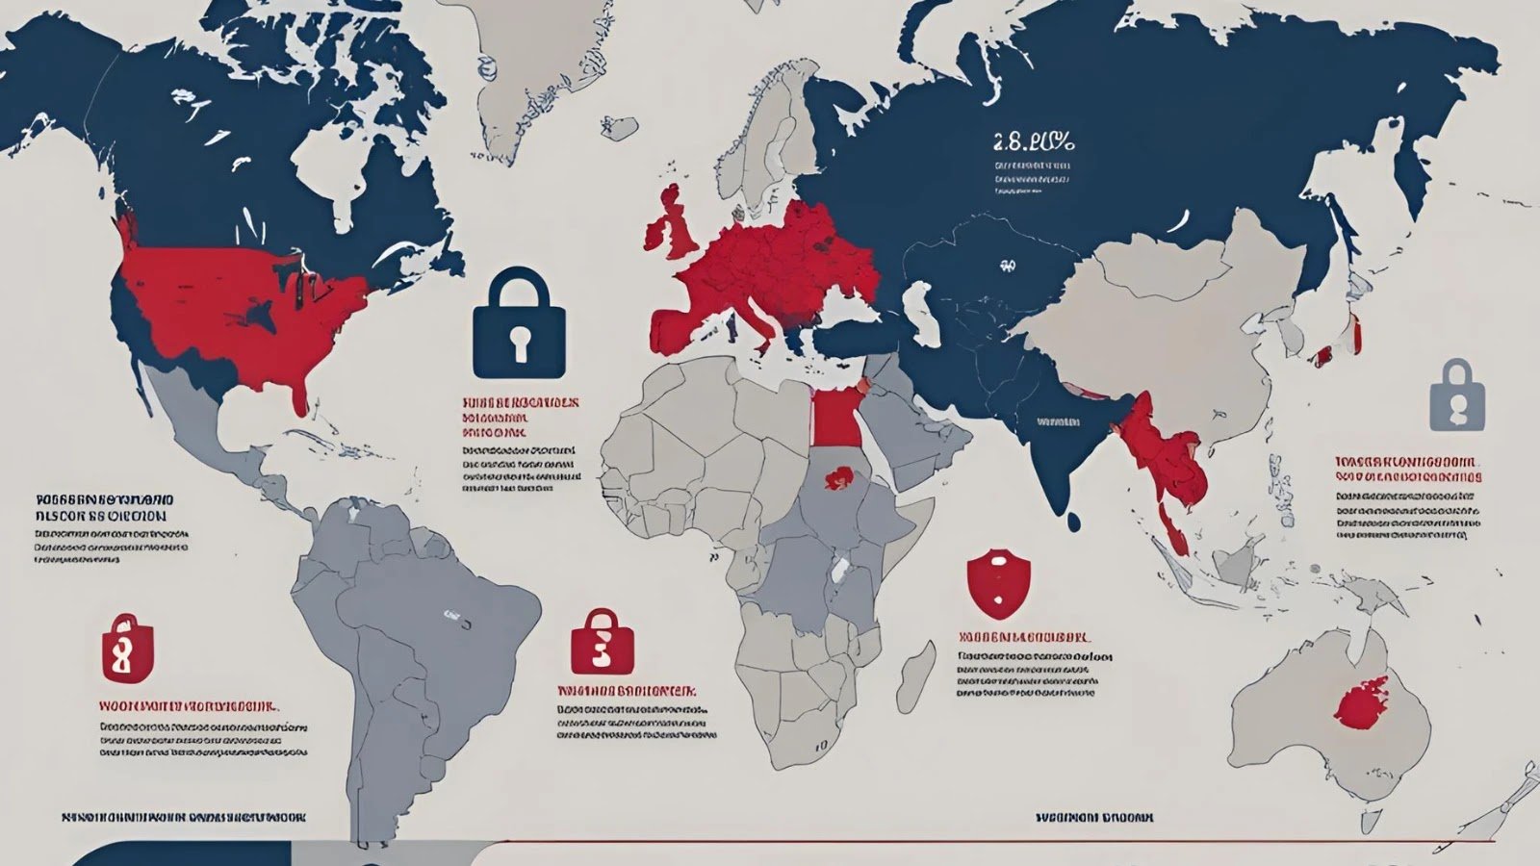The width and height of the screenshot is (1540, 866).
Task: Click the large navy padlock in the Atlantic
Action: (519, 327)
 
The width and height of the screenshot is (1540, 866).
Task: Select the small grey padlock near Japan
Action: (1457, 396)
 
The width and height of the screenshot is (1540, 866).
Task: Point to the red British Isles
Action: (674, 226)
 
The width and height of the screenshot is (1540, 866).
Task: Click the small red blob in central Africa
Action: (839, 476)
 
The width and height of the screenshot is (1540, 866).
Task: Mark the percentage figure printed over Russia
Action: (1032, 143)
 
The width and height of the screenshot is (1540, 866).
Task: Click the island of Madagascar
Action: (915, 673)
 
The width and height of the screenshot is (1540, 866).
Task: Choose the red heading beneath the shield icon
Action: (1025, 637)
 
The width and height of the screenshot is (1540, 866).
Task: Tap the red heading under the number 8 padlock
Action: (190, 704)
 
